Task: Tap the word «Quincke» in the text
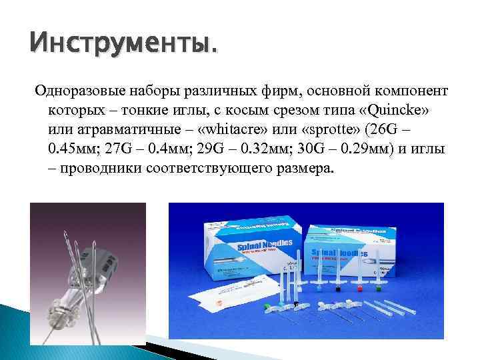[399, 108]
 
